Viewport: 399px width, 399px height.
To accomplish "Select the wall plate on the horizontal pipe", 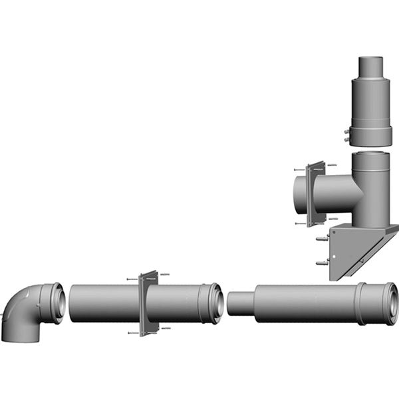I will coord(147,303).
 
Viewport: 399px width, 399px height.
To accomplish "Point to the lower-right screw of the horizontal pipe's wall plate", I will coord(166,328).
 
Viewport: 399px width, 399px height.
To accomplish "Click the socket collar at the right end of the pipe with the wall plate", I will coord(215,303).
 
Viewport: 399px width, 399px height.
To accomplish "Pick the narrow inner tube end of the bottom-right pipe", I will coord(239,303).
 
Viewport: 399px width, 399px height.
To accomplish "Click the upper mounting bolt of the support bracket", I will coord(321,237).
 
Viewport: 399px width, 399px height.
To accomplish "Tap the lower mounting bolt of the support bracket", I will coord(321,263).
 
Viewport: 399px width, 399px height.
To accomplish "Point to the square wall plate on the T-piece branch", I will coord(316,193).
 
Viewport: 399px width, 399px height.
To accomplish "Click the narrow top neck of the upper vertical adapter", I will coord(372,70).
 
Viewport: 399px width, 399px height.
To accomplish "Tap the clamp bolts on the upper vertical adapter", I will coord(346,136).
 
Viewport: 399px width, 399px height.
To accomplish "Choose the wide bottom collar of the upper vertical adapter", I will coord(372,133).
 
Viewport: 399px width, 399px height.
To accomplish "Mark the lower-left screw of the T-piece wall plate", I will coord(297,224).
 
